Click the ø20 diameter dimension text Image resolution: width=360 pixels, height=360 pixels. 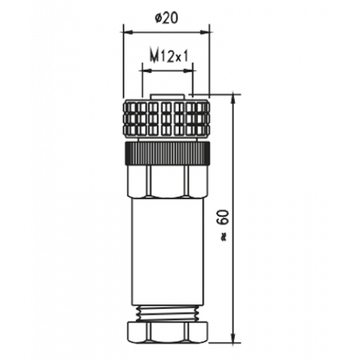(166, 18)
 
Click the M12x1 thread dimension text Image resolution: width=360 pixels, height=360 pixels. (168, 57)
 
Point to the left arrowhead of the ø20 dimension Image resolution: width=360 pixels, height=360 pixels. (127, 32)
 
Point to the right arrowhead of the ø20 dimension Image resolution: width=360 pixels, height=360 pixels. (205, 32)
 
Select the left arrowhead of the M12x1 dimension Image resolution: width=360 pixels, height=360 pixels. (147, 71)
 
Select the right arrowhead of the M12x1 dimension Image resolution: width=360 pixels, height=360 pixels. (188, 71)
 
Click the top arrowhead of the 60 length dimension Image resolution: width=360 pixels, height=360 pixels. (233, 99)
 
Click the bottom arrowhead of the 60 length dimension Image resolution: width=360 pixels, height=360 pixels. (233, 338)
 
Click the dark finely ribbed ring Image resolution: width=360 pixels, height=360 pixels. (167, 153)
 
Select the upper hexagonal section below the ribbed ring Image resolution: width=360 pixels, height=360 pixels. (167, 182)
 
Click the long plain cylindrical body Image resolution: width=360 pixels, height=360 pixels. (167, 252)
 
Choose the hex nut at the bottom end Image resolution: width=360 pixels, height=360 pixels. (167, 333)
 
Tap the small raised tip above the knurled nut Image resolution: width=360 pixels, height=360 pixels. (167, 96)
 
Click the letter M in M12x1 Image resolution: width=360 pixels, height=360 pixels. (155, 57)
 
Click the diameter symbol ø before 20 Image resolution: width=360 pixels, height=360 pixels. (159, 19)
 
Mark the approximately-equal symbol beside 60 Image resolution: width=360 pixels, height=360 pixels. (224, 238)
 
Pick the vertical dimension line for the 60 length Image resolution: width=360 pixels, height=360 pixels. (233, 219)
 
